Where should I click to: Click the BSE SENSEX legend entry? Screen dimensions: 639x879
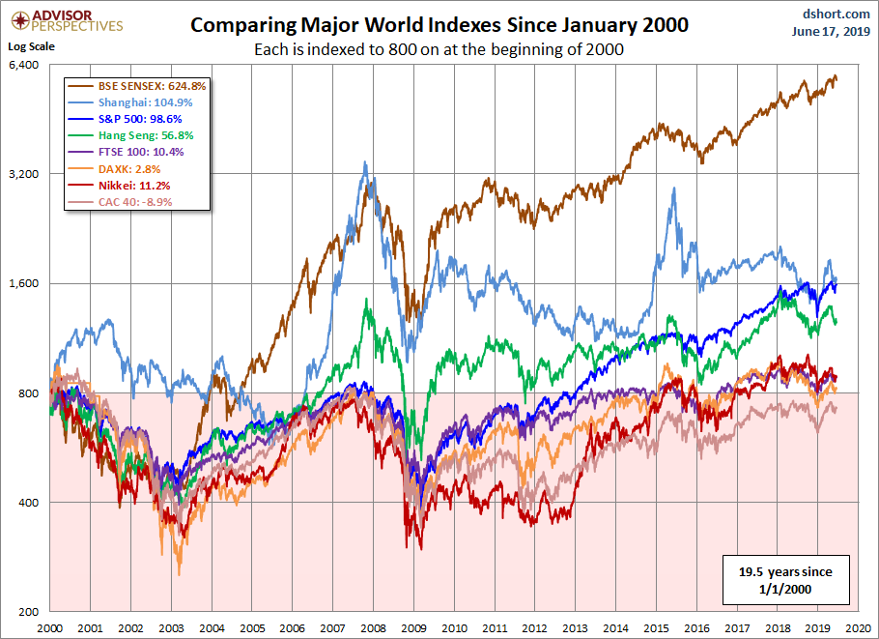coord(138,86)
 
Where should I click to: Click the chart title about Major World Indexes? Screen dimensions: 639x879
coord(439,25)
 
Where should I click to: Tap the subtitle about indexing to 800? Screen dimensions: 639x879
coord(439,49)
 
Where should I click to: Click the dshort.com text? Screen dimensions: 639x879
coord(831,15)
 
